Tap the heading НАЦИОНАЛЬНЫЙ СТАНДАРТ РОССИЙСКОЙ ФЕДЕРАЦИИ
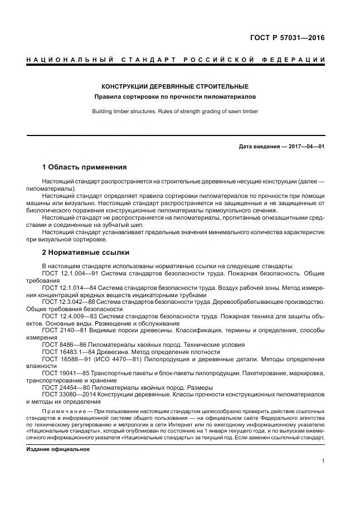tap(176, 59)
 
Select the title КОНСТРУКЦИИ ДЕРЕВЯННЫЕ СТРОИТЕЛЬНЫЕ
tap(175, 87)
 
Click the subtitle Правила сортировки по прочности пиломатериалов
tap(175, 97)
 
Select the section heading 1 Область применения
tap(84, 167)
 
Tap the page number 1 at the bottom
tap(323, 461)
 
